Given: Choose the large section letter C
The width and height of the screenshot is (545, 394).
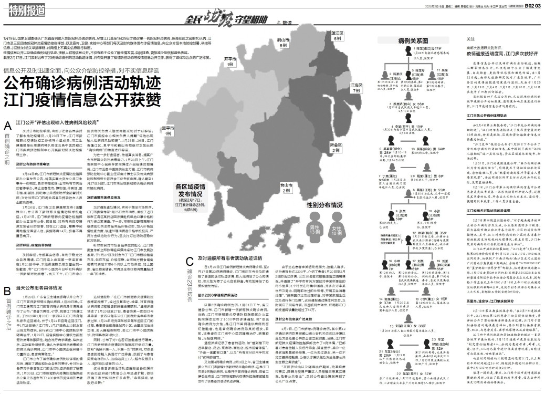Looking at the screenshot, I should coord(190,261).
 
